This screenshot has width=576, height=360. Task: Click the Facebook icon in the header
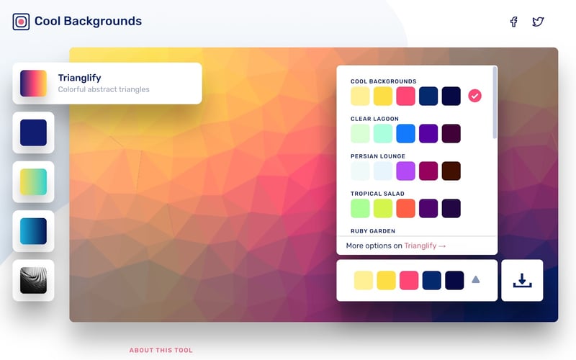[513, 22]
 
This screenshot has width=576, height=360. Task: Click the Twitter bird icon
[538, 22]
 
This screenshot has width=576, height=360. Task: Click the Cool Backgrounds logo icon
[21, 22]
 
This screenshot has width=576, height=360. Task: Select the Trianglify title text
[79, 78]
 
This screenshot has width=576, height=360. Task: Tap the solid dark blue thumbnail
[33, 133]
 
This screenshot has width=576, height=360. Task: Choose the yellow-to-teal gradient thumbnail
[33, 182]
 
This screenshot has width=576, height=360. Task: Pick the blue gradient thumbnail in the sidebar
[33, 231]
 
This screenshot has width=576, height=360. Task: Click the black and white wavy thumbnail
[33, 280]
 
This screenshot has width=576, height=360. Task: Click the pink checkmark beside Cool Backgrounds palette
[474, 96]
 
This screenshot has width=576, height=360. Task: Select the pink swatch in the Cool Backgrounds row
[405, 96]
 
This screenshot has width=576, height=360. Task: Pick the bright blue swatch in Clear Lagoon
[405, 133]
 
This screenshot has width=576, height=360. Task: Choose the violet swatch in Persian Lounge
[405, 171]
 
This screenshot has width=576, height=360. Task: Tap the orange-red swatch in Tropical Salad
[405, 208]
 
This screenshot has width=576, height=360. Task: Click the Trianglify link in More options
[425, 246]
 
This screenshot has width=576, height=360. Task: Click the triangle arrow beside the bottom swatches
[475, 279]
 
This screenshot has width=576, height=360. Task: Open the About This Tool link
[161, 351]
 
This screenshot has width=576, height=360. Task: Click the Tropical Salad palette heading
[377, 194]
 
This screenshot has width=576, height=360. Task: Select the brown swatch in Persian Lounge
[451, 171]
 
